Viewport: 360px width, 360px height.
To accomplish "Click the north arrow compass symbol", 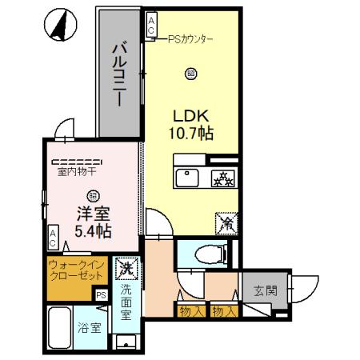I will coord(58,26).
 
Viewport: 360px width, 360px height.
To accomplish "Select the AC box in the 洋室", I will coord(53,238).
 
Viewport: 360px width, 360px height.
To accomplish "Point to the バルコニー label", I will coord(118,75).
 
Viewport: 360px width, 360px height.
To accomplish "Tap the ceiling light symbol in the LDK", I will coord(190,74).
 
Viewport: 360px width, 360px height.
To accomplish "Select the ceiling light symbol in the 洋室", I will coord(93,194).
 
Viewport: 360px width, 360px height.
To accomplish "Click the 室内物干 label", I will coord(77,170).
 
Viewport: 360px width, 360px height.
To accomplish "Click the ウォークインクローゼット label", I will coord(75,270).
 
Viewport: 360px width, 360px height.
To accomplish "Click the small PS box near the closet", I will coord(101,294).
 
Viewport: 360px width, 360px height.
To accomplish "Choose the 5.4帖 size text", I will coord(94,230).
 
